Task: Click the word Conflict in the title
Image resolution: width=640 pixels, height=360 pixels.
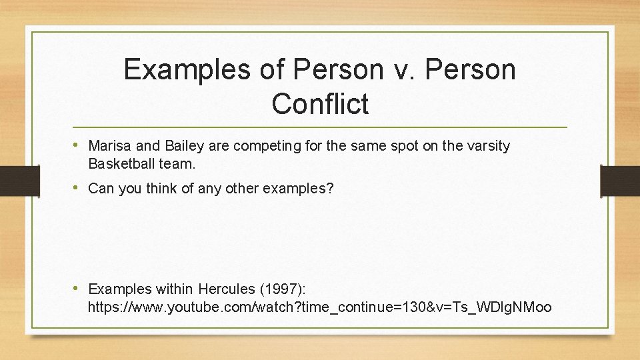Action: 320,104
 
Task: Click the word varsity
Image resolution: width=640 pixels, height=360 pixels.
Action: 489,146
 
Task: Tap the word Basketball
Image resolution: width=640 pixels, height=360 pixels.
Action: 121,163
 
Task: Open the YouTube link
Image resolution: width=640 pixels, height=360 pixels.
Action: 319,308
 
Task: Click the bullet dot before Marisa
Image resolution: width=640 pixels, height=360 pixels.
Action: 79,145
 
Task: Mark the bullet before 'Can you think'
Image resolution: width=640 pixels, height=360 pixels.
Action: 79,188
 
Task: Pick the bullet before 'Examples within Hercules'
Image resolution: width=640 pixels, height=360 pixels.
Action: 79,289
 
